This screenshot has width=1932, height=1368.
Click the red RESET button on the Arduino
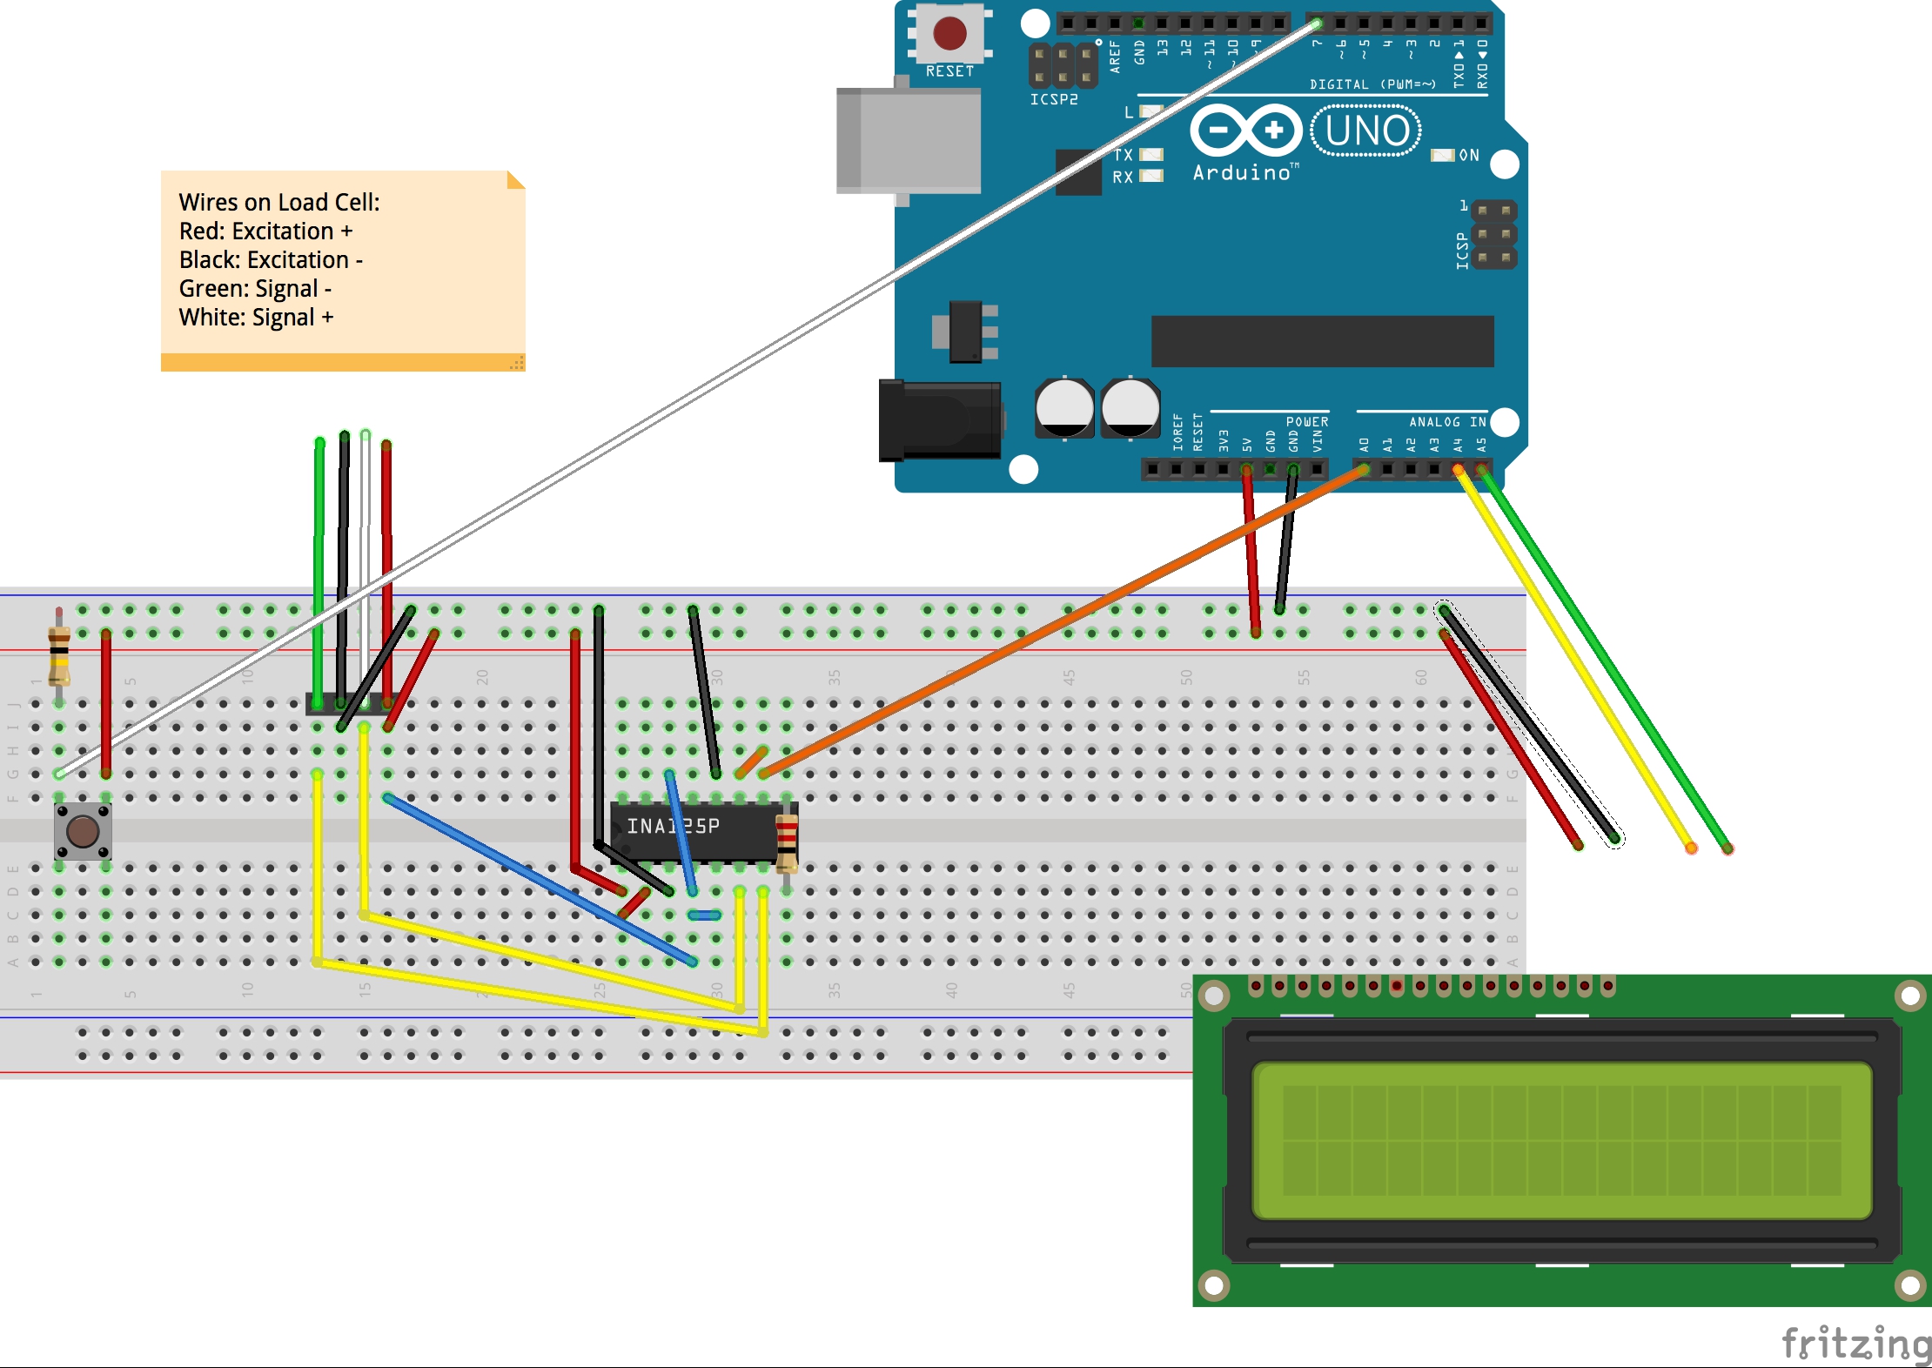click(x=949, y=33)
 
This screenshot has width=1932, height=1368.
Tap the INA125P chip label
click(x=673, y=826)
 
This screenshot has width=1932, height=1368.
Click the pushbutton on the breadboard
click(x=83, y=831)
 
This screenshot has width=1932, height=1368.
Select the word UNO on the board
click(x=1366, y=131)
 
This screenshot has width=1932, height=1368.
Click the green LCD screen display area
click(x=1561, y=1140)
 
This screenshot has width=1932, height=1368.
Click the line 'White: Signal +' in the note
click(x=256, y=318)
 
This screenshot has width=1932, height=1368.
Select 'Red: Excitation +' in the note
click(x=265, y=231)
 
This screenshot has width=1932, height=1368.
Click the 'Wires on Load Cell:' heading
click(x=278, y=202)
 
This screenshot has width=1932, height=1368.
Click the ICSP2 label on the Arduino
click(x=1053, y=99)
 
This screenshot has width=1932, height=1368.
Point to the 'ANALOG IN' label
click(x=1447, y=422)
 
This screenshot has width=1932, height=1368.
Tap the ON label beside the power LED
click(x=1469, y=155)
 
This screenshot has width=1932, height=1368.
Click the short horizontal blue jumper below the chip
click(x=704, y=915)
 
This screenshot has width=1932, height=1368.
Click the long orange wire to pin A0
click(x=1062, y=621)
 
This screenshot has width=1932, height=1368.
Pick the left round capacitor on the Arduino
click(x=1063, y=407)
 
